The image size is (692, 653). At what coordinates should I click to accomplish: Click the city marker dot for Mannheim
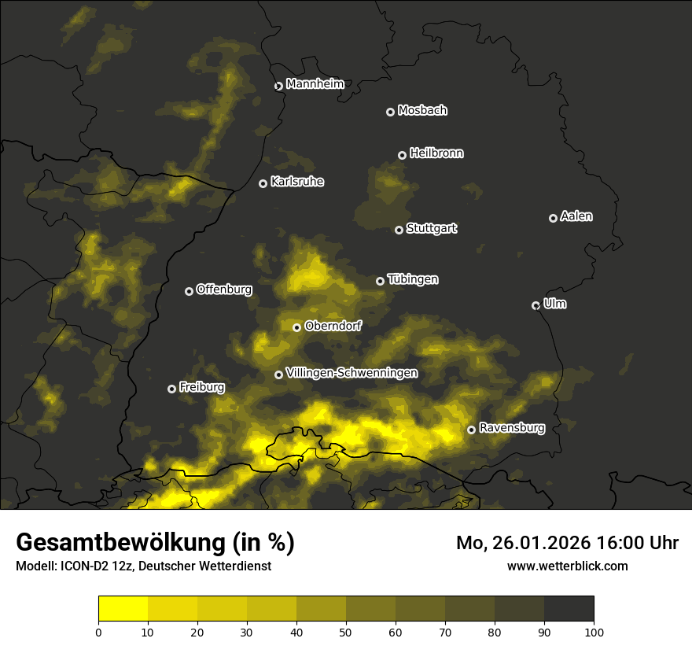278,87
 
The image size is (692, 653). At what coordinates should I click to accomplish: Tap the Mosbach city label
422,111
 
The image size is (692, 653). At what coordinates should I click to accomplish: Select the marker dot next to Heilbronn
402,155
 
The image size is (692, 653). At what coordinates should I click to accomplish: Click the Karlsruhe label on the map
297,182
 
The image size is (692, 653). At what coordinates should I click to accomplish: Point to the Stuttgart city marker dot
399,230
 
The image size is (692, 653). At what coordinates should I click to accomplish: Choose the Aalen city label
576,216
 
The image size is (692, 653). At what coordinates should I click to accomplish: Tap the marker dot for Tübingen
380,281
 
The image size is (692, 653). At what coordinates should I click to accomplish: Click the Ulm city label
554,304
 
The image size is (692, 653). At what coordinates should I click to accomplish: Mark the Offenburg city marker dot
189,291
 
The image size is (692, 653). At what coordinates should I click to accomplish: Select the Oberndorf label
333,326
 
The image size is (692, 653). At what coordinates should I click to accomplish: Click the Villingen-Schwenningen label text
352,373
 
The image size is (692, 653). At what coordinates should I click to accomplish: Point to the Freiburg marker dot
171,389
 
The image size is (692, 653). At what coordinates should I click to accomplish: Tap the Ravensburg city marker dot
471,430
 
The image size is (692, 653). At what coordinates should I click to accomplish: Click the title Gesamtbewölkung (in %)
155,543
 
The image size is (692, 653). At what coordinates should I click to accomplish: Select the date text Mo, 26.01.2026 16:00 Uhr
567,543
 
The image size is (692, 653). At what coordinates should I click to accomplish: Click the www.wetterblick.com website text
567,566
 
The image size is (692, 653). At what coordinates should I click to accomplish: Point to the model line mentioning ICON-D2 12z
143,566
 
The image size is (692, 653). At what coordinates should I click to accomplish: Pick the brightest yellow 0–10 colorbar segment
123,609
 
